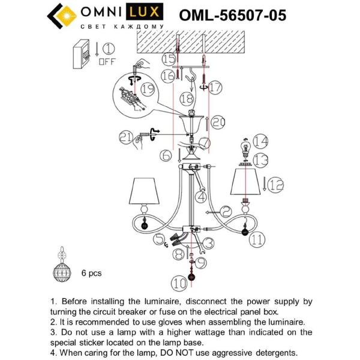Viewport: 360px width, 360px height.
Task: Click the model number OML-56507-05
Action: (233, 15)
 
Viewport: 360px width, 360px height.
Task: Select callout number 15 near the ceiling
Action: (169, 59)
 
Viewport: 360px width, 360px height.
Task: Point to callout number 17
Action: (215, 87)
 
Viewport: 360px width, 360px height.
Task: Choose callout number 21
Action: (124, 137)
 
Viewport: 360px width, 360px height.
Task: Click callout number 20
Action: (218, 122)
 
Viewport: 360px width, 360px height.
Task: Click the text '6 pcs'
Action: (91, 273)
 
